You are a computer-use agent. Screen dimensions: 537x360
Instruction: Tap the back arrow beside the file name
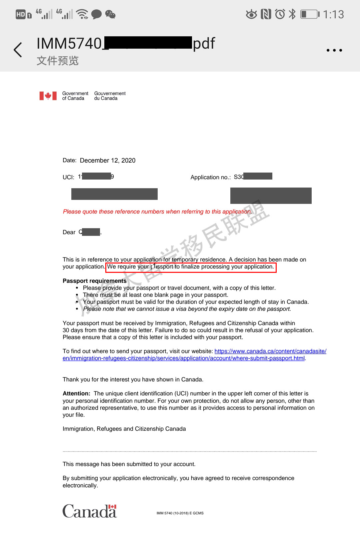[x=18, y=50]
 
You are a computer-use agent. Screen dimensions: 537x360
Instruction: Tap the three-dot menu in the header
[x=334, y=50]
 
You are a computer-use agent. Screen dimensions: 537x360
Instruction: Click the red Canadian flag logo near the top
[x=48, y=96]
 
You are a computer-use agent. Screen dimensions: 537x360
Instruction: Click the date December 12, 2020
[x=108, y=161]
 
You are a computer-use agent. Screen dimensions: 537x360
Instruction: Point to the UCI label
[x=68, y=177]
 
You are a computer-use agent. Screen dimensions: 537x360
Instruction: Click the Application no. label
[x=210, y=177]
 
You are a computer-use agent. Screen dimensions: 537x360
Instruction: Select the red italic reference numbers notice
[x=157, y=212]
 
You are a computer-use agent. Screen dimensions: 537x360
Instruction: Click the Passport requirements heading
[x=95, y=281]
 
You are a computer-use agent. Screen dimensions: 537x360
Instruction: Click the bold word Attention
[x=76, y=393]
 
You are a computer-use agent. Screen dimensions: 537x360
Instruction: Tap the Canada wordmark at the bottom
[x=90, y=511]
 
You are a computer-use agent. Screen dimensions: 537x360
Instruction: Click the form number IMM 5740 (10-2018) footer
[x=180, y=513]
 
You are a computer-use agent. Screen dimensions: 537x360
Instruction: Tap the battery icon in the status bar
[x=310, y=14]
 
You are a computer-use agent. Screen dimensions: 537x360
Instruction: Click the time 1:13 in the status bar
[x=333, y=14]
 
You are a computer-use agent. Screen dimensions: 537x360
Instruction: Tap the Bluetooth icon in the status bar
[x=292, y=14]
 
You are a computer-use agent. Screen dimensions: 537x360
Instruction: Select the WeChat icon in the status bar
[x=110, y=14]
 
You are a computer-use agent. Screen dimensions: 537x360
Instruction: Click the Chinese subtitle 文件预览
[x=57, y=61]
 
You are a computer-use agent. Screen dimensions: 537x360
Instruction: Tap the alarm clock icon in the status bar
[x=280, y=14]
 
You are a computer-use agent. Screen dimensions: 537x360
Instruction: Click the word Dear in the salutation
[x=69, y=232]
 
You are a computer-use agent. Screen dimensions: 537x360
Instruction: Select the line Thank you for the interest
[x=133, y=379]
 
